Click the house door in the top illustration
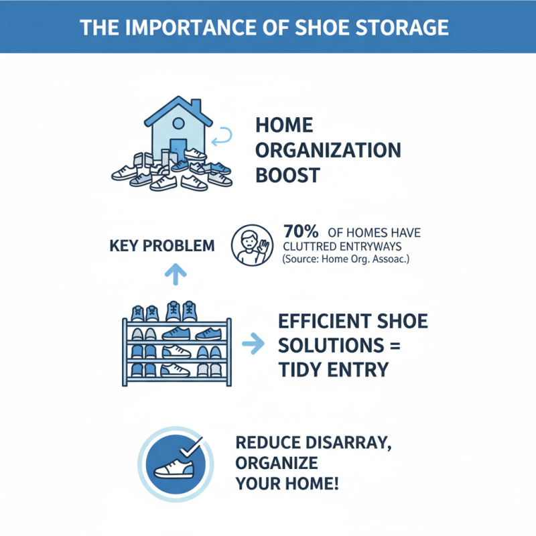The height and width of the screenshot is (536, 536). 178,149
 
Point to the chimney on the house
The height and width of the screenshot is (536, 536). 196,107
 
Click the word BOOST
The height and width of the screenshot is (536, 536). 287,176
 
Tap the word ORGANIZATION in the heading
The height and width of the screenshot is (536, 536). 328,150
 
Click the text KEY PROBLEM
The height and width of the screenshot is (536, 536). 161,246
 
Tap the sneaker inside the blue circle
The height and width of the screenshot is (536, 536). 174,466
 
